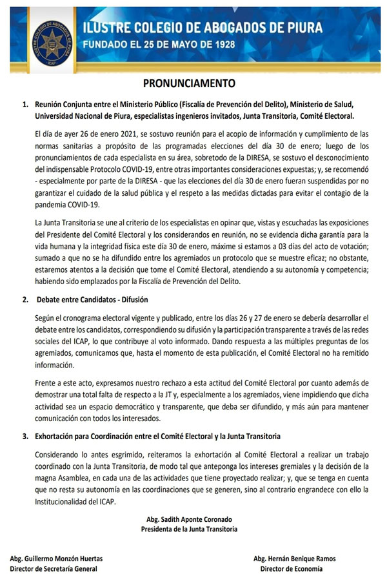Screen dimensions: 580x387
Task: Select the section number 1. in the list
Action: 26,105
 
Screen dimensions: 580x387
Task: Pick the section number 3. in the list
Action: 26,437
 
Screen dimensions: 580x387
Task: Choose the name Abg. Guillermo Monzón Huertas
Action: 56,559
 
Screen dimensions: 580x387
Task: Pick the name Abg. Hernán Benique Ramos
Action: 295,559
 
